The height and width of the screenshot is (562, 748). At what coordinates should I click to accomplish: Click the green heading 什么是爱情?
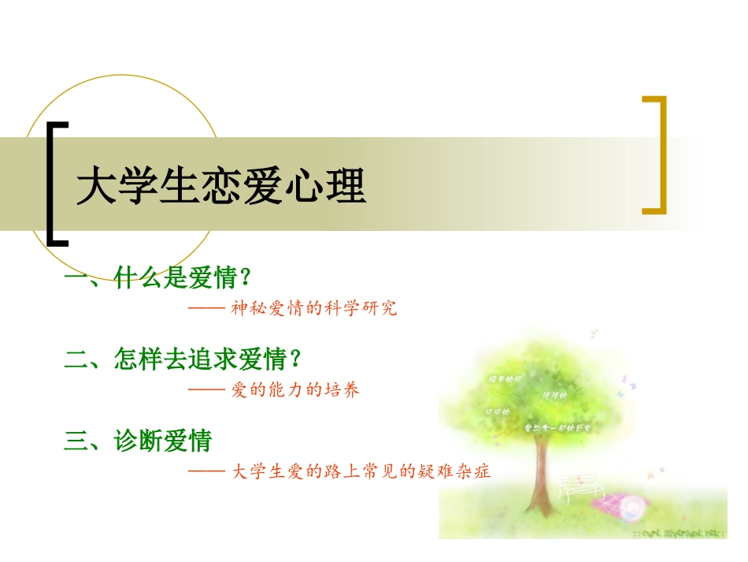coord(183,277)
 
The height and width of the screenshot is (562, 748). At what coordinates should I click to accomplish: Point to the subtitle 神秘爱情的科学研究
coord(314,308)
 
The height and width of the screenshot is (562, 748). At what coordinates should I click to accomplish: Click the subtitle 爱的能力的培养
coord(296,390)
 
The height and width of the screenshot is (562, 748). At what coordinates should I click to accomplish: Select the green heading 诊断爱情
coord(163,441)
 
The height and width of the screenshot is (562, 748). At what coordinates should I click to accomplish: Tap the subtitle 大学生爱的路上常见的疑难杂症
coord(362,472)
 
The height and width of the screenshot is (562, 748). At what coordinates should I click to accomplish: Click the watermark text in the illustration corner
coord(679,533)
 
